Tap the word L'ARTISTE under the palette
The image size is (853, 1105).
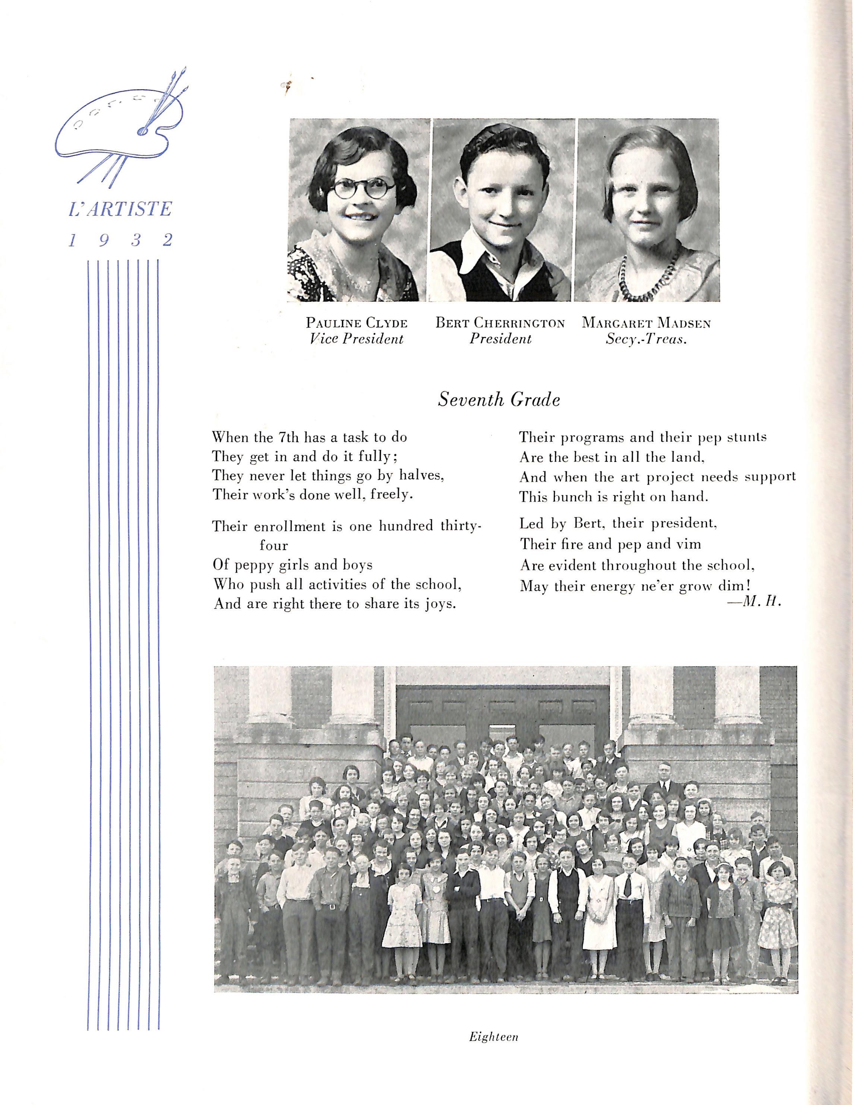(120, 209)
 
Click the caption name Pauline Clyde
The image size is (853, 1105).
(356, 323)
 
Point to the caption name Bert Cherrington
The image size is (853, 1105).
(500, 323)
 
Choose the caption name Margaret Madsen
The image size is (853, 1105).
(646, 323)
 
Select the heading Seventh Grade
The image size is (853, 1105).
(499, 400)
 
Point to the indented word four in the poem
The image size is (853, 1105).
(274, 545)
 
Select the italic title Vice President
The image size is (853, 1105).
(356, 339)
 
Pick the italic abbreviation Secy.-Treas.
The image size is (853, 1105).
(646, 339)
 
